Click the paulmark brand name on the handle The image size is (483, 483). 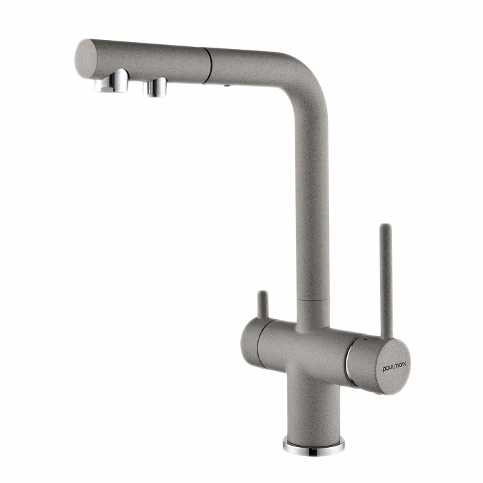pos(394,367)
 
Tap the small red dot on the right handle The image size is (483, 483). pos(365,339)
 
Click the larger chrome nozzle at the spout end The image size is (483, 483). pos(112,81)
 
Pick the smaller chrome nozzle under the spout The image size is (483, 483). pos(155,87)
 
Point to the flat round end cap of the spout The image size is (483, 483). pos(86,59)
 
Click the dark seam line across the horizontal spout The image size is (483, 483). pos(208,66)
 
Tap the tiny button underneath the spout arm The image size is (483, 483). pos(226,85)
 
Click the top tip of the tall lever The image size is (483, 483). pos(385,226)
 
